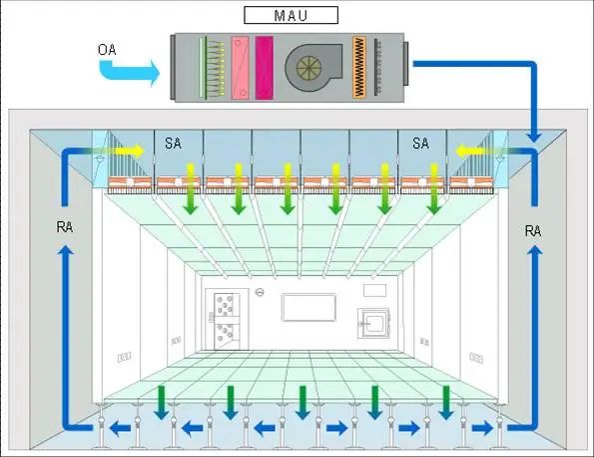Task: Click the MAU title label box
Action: point(291,15)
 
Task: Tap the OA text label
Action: point(107,50)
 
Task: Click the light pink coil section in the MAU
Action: point(241,68)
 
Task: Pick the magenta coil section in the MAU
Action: point(264,68)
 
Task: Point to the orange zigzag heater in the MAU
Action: point(359,67)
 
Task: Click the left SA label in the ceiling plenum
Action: point(173,143)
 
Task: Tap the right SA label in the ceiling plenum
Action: point(420,143)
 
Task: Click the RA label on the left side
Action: point(65,227)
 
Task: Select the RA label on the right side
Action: point(533,231)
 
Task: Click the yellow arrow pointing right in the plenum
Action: point(129,151)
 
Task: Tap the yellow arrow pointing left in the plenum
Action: point(470,151)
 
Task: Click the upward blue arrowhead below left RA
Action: point(66,250)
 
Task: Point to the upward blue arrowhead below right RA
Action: point(535,250)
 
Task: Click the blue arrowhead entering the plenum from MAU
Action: point(534,136)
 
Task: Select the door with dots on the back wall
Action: point(227,321)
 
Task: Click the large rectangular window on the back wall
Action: point(308,307)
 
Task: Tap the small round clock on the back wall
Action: point(260,292)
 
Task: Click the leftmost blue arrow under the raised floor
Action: point(120,429)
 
